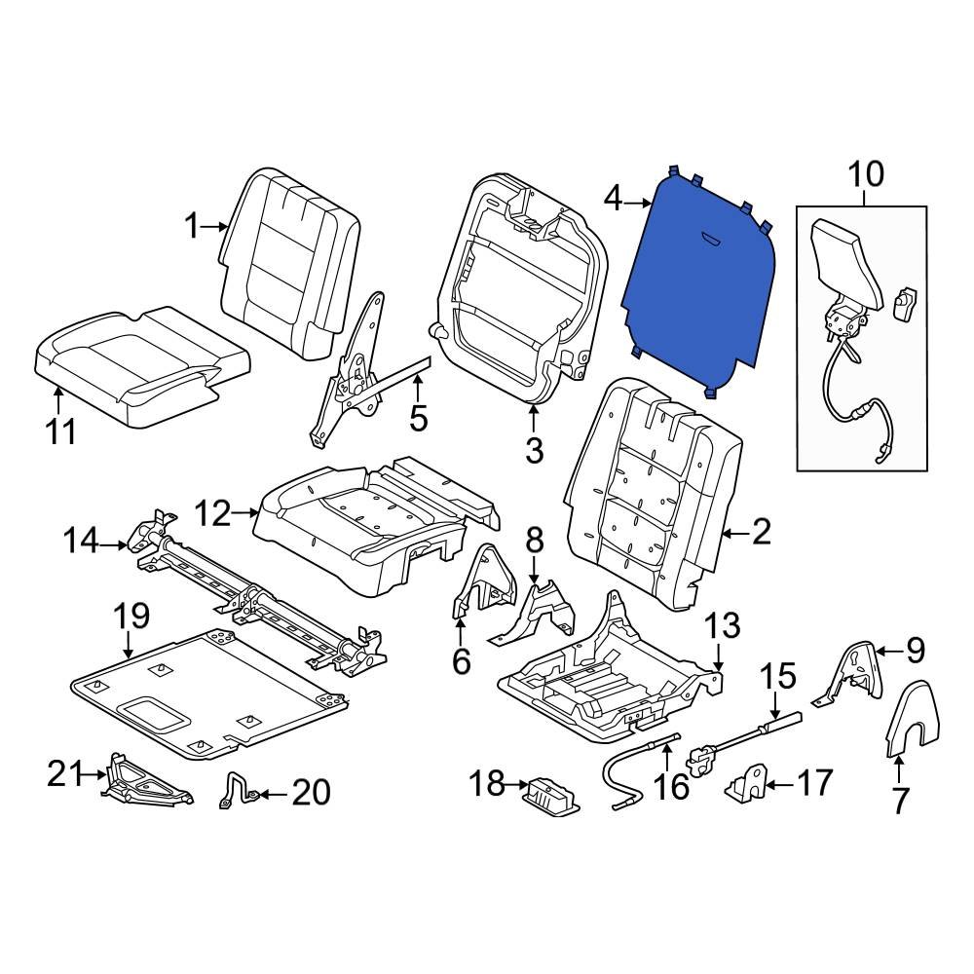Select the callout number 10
865,175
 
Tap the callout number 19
131,616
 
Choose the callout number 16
670,786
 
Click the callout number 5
418,419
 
